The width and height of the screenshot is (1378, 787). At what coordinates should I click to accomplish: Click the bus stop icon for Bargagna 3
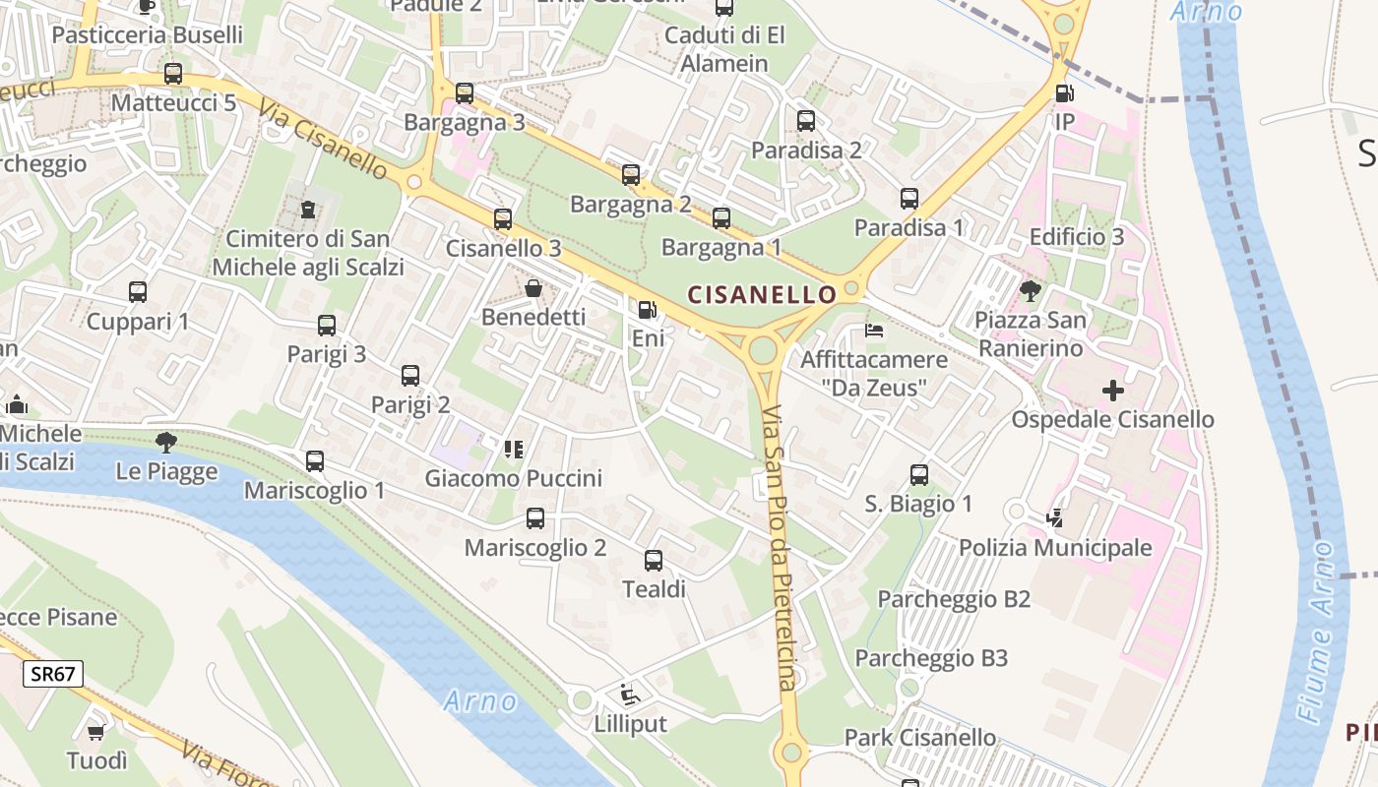coord(465,93)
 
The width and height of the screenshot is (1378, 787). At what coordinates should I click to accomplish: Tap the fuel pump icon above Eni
coord(647,310)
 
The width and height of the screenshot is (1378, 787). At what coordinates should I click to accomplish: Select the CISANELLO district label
coord(762,293)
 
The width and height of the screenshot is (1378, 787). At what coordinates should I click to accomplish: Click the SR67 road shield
coord(53,674)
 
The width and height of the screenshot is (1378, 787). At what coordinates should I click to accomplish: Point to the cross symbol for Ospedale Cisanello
coord(1113,391)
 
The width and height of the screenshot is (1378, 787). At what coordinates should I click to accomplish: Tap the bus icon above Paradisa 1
coord(909,199)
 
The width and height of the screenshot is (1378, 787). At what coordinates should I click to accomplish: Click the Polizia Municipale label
coord(1055,548)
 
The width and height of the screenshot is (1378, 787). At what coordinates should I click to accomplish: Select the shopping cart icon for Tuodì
coord(96,732)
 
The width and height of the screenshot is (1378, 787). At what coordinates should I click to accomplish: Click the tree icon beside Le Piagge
coord(165,443)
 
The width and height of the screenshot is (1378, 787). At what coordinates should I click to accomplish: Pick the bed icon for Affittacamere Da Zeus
coord(873,330)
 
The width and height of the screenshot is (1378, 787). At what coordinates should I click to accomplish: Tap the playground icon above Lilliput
coord(630,695)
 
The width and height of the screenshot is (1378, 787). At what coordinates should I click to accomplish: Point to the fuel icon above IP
coord(1063,93)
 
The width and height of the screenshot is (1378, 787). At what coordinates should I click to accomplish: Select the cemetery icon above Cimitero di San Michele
coord(308,210)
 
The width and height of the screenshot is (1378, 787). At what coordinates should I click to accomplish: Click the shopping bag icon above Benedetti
coord(533,288)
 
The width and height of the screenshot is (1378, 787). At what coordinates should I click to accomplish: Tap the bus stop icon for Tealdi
coord(654,561)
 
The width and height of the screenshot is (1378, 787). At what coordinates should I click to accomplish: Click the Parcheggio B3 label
coord(931,658)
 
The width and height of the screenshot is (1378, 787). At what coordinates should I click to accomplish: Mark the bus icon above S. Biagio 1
coord(918,475)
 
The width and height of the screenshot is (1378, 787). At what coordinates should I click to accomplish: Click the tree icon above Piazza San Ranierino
coord(1031,290)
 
